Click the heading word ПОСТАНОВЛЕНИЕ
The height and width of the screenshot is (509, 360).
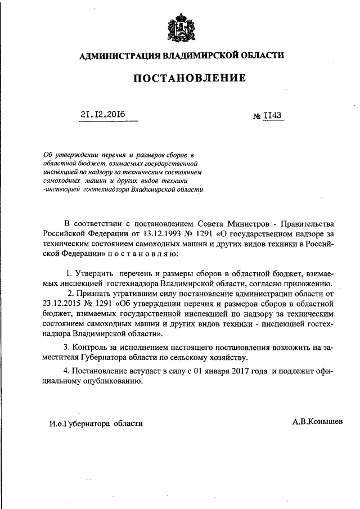point(189,78)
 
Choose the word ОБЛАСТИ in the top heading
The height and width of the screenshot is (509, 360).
point(261,55)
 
